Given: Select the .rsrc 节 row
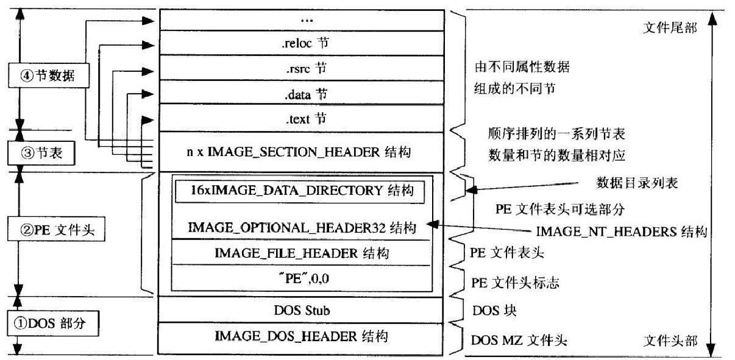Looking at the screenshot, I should (301, 68).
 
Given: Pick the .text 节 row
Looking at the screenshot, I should (301, 118).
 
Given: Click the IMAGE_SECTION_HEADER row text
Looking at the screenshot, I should (299, 152).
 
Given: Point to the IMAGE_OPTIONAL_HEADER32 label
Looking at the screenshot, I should (302, 228).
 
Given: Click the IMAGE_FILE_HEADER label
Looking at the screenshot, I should (302, 253).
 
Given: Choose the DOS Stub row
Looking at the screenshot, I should (302, 311).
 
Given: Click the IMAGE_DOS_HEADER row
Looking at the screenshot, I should (302, 336).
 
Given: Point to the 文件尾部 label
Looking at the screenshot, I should (670, 29).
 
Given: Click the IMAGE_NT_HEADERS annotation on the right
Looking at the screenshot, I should (621, 231).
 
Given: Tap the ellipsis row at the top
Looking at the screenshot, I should (301, 20).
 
